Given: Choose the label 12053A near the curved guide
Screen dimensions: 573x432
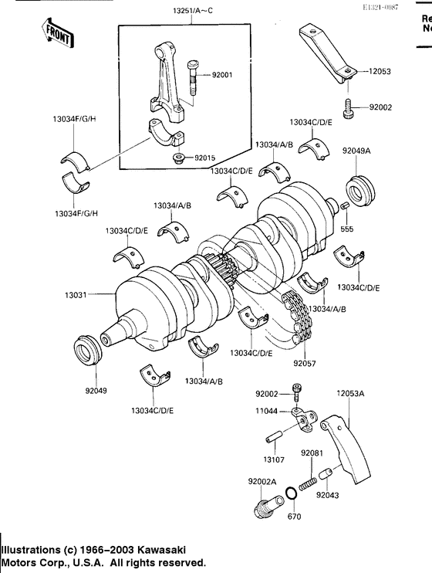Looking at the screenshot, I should [x=350, y=393].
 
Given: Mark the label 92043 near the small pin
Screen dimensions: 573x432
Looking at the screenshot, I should [x=328, y=509].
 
